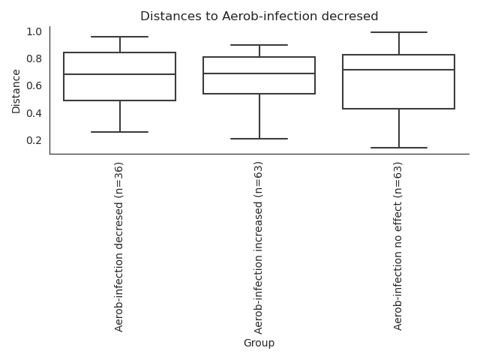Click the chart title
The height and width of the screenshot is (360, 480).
click(259, 16)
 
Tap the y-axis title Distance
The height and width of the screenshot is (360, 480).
click(16, 91)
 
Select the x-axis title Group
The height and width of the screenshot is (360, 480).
click(259, 343)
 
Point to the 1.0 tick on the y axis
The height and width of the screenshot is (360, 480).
click(34, 31)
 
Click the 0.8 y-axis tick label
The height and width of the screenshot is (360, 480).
click(34, 58)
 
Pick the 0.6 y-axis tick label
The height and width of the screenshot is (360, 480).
click(34, 85)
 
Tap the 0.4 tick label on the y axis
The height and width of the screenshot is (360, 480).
click(34, 113)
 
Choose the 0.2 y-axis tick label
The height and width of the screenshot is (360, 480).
click(34, 140)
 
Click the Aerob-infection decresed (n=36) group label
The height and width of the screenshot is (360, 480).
click(119, 246)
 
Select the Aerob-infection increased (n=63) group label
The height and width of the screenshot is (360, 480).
click(259, 247)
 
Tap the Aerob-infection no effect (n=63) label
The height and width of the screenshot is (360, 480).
click(398, 246)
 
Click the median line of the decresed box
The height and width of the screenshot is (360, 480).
click(119, 74)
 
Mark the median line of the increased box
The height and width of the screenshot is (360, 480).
click(259, 73)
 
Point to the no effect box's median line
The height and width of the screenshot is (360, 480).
click(398, 70)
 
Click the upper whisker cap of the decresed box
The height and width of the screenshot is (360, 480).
click(119, 37)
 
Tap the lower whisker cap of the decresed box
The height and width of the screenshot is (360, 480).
click(119, 132)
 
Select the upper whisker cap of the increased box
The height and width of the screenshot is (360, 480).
click(259, 45)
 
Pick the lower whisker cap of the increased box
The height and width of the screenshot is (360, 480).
click(259, 139)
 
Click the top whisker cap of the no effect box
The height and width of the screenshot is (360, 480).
click(398, 32)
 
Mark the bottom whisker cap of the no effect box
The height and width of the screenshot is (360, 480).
click(398, 148)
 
